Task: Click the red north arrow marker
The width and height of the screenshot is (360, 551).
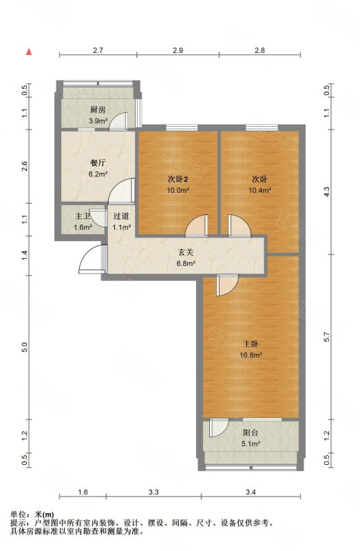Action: click(30, 52)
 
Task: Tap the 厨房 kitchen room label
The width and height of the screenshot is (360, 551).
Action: click(98, 110)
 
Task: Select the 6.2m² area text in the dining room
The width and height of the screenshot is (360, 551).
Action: click(98, 174)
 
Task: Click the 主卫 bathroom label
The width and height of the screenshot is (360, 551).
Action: click(83, 216)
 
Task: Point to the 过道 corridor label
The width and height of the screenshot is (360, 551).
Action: click(121, 216)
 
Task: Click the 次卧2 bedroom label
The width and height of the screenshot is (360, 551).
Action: click(178, 180)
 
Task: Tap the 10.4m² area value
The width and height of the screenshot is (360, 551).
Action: click(260, 191)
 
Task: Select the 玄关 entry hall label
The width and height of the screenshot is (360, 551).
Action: click(186, 252)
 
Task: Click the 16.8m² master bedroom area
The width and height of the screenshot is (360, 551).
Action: click(251, 355)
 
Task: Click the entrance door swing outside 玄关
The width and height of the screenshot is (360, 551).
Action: click(92, 259)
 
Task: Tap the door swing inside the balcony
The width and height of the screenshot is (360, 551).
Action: click(219, 426)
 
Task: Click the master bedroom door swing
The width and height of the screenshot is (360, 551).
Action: click(228, 284)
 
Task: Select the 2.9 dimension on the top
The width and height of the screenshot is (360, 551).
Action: click(178, 50)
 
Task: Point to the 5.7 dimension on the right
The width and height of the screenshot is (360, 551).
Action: click(327, 337)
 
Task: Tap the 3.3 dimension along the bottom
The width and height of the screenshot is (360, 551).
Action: click(153, 492)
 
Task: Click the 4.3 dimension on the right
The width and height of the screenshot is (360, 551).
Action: click(327, 192)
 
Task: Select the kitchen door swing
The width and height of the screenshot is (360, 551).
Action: click(118, 122)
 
